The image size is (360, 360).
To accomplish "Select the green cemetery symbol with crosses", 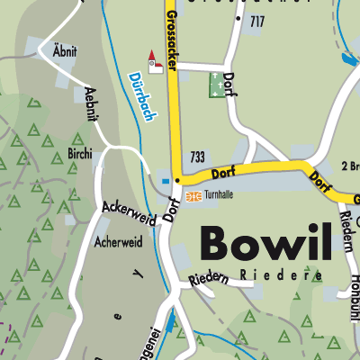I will point(218,85).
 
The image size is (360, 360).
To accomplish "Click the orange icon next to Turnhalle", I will point(191,195).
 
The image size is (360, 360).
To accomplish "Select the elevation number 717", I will point(257,20).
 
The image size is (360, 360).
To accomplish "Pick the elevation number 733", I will point(199,157).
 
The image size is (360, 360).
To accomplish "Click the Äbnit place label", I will point(64,52).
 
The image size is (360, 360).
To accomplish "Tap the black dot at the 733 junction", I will point(177,180).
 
